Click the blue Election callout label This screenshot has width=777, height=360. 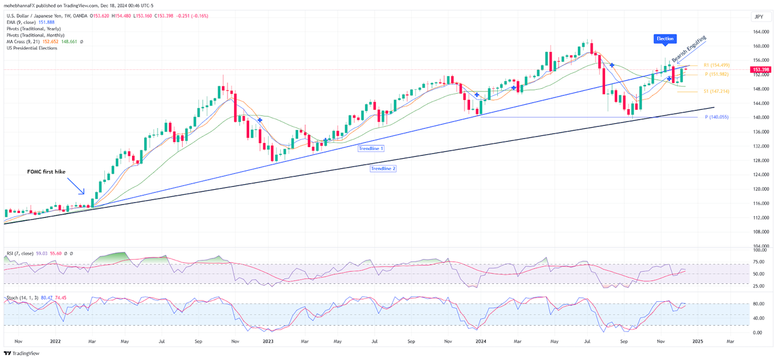click(665, 39)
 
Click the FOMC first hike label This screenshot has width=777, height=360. click(47, 172)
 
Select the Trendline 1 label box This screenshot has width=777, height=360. click(371, 149)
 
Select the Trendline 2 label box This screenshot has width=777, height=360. click(383, 168)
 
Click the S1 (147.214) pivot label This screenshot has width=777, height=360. click(716, 91)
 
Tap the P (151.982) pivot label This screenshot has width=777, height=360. click(716, 74)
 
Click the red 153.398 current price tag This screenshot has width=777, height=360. click(760, 70)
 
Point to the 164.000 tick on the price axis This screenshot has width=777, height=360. click(760, 32)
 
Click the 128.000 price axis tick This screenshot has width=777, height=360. click(760, 161)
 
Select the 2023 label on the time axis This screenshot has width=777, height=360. click(268, 342)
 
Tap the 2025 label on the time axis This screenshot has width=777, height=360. click(698, 342)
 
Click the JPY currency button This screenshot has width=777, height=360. click(758, 17)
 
